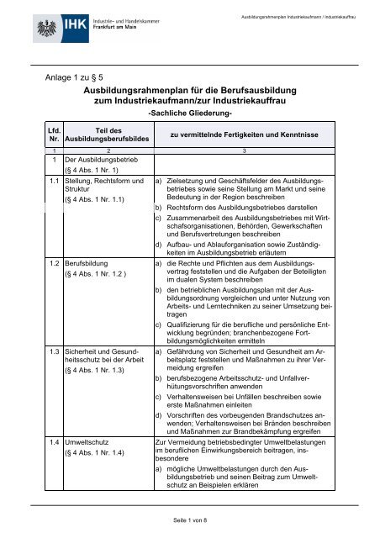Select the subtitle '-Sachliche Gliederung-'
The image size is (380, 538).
pos(190,112)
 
